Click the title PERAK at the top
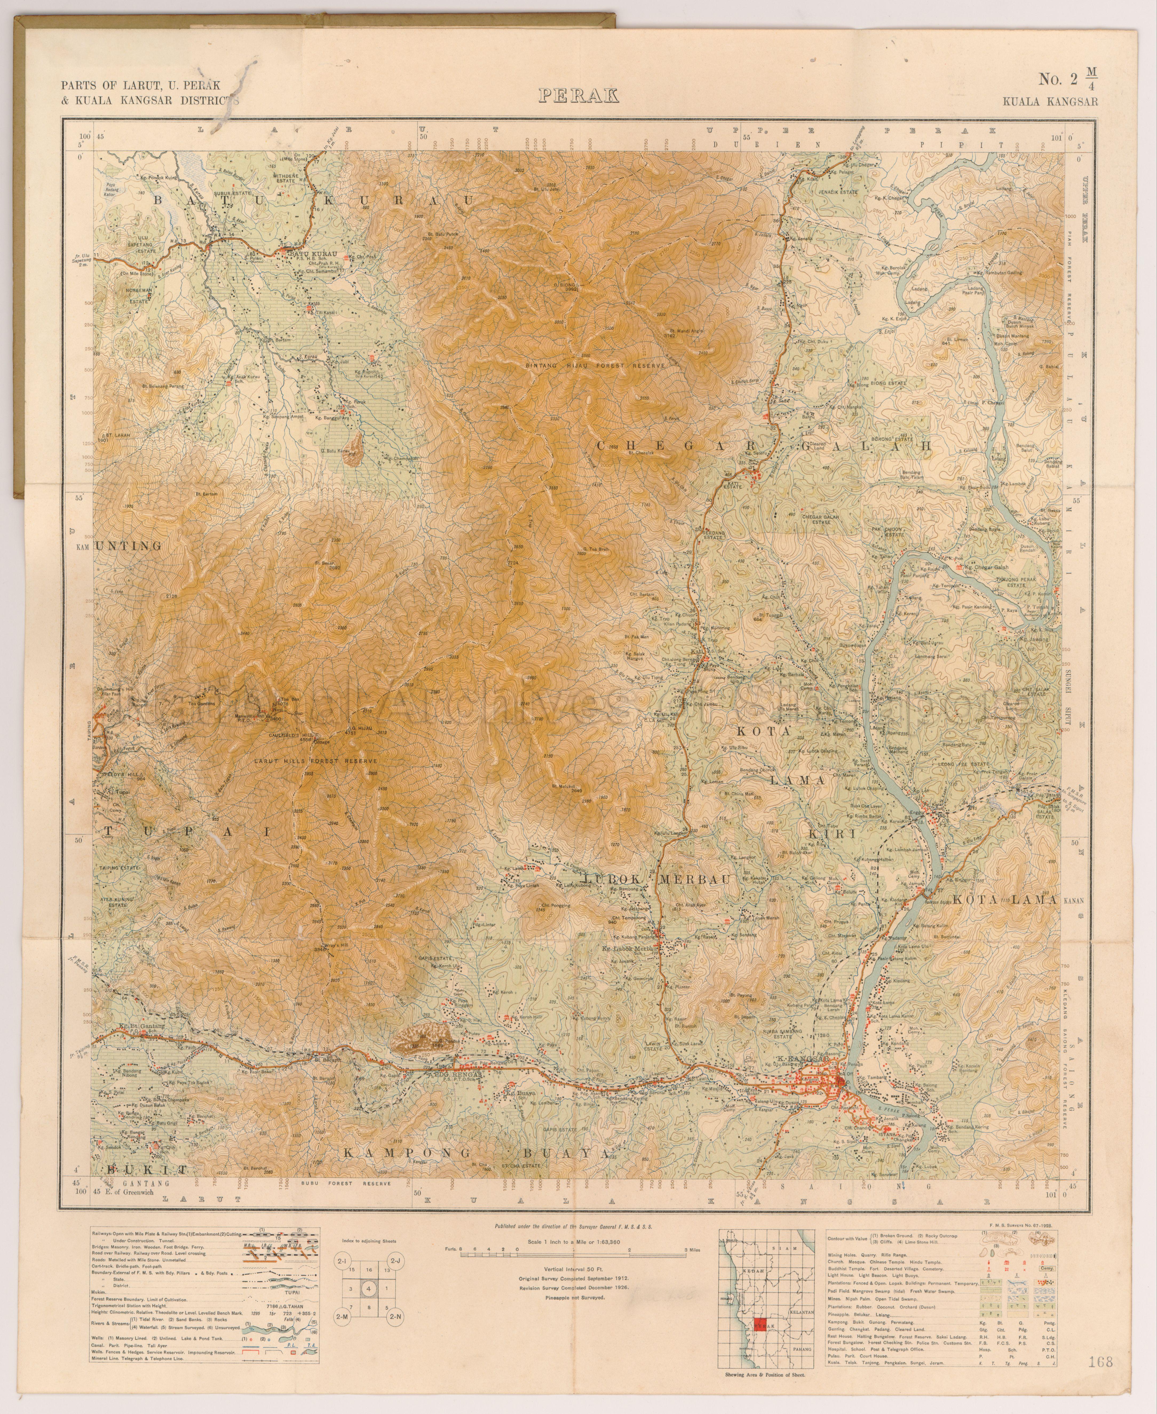(x=578, y=96)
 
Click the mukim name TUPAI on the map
(x=188, y=833)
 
